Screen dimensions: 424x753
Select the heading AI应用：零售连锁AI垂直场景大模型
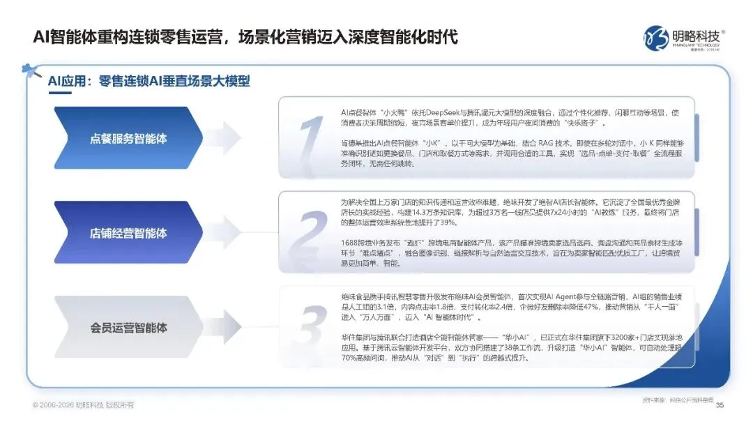(x=149, y=82)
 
